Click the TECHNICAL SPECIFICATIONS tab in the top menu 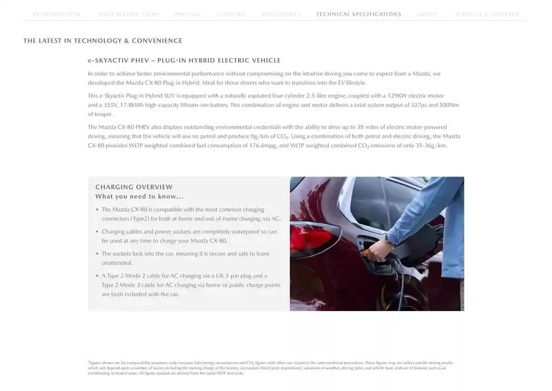coord(359,15)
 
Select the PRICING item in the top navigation coord(187,15)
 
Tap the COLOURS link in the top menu coord(230,15)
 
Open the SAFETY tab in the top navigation coord(427,15)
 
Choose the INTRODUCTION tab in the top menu coord(56,15)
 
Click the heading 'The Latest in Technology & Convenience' coord(103,41)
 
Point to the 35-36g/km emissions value coord(428,146)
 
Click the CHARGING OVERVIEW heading coord(134,187)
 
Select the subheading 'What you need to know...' coord(139,197)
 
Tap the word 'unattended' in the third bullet coord(117,263)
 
